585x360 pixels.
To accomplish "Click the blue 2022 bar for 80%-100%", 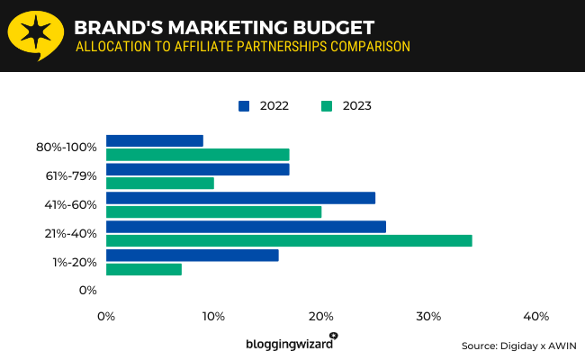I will coord(155,140).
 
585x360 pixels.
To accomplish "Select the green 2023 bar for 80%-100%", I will coord(198,154).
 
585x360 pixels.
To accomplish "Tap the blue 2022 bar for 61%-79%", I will coord(198,169).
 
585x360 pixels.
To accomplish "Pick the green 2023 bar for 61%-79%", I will coord(160,183).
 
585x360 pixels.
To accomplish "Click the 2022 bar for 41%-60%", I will coord(240,198).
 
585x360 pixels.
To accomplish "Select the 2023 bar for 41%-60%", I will coord(213,211).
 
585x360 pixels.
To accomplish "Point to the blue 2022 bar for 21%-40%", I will coord(246,227).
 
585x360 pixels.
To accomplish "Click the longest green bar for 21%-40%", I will coord(289,240).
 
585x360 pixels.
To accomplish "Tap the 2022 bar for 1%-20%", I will coord(193,256).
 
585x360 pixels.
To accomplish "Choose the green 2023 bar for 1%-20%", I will coord(144,269).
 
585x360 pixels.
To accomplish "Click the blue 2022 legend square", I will coord(243,106).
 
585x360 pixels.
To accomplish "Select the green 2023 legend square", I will coord(326,106).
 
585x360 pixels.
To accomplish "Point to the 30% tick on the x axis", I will coord(428,316).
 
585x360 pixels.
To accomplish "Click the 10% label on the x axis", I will coord(213,316).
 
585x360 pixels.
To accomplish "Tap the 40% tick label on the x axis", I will coord(535,316).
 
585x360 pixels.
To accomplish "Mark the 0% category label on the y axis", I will coord(87,290).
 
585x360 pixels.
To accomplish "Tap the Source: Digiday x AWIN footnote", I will coord(518,346).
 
